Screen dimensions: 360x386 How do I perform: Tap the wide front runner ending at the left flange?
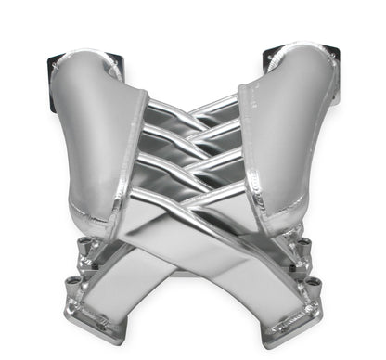(x=139, y=278)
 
